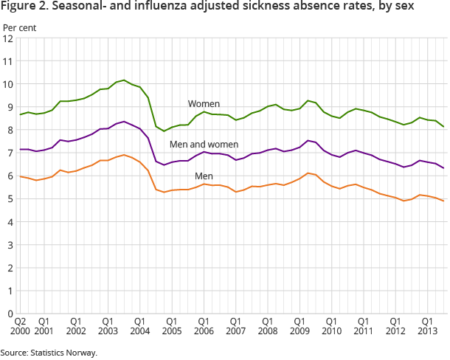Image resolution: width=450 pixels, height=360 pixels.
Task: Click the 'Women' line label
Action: click(204, 104)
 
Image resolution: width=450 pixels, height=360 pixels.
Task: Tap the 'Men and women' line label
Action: click(204, 145)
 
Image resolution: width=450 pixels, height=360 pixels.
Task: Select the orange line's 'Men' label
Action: click(204, 176)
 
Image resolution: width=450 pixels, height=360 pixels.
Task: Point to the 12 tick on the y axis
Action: click(9, 38)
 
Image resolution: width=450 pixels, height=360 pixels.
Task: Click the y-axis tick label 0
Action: click(11, 313)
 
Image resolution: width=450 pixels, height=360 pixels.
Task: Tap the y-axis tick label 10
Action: click(9, 84)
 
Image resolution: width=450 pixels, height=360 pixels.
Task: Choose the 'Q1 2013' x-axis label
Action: click(426, 327)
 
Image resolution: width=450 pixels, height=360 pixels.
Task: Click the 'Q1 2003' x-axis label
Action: click(107, 327)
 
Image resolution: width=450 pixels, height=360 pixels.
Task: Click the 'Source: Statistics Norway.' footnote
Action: click(49, 352)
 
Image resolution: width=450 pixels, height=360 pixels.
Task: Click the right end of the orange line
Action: click(443, 201)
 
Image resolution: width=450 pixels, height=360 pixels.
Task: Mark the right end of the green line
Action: click(443, 127)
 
